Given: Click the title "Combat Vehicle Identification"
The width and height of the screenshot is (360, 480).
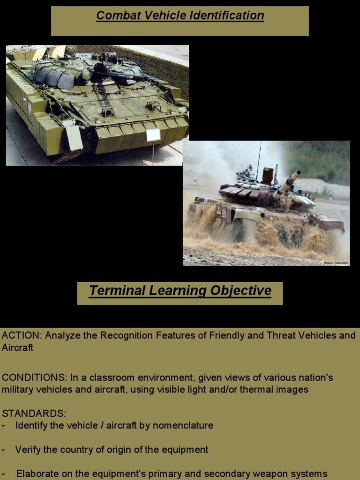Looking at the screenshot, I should click(180, 15).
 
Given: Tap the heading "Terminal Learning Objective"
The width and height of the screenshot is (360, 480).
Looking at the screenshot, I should click(180, 291).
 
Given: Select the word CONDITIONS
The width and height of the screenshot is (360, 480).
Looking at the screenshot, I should click(33, 378).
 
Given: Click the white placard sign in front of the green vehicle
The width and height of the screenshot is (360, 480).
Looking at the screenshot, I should click(153, 135).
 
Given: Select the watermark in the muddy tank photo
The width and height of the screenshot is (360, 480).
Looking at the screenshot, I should click(336, 263).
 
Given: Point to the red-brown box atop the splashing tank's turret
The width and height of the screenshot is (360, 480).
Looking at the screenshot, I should click(268, 175).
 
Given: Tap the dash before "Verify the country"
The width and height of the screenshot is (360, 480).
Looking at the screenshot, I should click(4, 450).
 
